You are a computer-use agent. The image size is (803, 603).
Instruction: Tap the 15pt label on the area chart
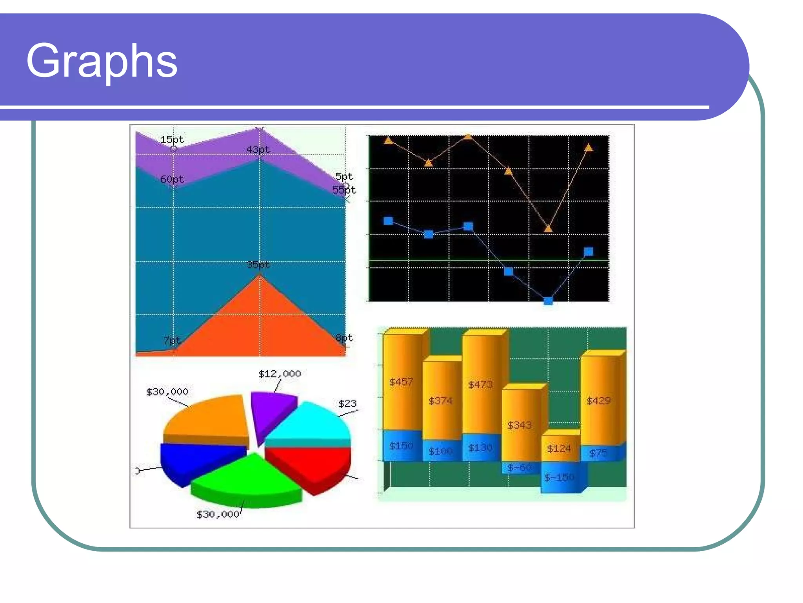point(172,139)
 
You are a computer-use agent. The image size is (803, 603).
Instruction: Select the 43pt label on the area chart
point(258,150)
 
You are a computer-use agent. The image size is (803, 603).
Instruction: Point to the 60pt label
point(172,179)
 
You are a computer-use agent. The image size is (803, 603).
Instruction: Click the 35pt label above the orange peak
point(258,265)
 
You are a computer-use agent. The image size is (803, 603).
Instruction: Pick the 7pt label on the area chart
point(172,340)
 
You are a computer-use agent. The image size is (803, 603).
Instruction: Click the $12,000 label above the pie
point(280,374)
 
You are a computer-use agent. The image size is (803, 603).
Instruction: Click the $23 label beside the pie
point(347,404)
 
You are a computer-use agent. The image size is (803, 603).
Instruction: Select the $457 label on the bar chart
point(401,382)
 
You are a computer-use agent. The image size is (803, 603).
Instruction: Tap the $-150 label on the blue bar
point(559,477)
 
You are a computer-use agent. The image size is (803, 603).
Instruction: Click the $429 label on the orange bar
point(599,401)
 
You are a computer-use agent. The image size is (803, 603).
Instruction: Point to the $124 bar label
point(559,448)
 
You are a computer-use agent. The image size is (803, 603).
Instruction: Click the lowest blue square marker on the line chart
point(548,301)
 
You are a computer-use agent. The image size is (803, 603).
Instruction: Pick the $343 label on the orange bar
point(520,425)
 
